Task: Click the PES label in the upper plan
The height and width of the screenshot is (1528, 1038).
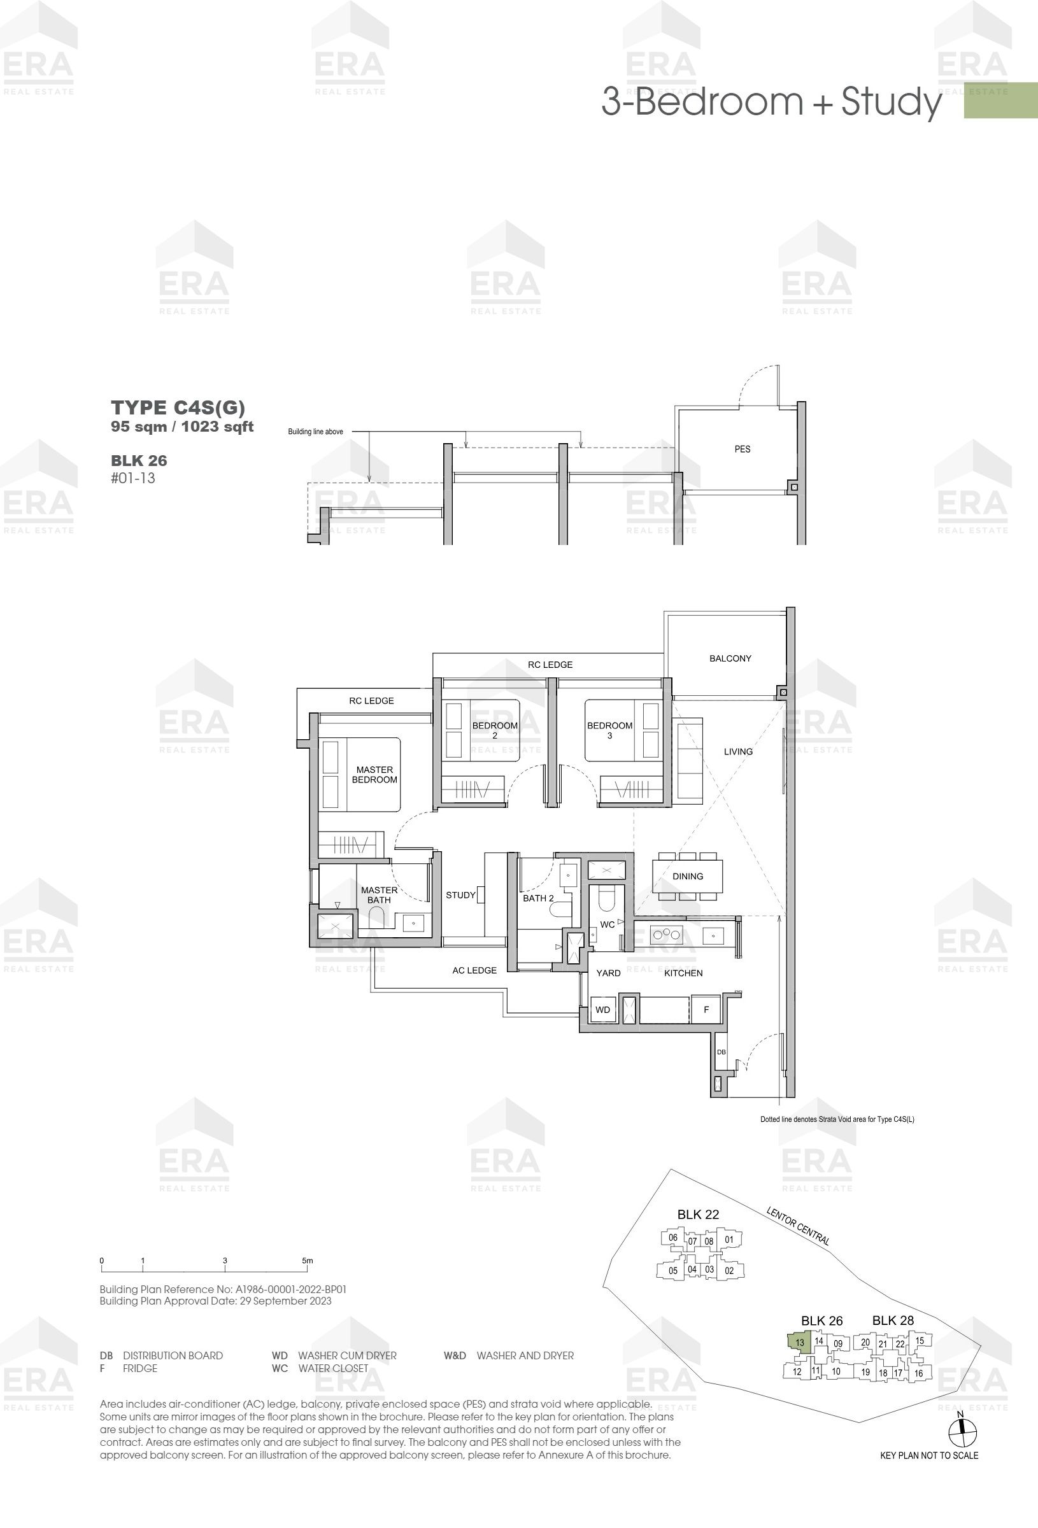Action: (742, 449)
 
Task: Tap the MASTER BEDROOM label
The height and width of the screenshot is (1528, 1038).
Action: (374, 775)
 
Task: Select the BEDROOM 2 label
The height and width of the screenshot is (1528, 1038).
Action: (495, 730)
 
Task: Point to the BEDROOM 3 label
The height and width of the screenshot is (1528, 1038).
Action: (610, 730)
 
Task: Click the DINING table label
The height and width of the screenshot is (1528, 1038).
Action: (687, 877)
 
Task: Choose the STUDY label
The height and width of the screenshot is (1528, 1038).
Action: (460, 895)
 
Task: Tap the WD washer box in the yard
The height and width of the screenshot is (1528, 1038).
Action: (602, 1009)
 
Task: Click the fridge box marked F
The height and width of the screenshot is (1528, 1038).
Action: (706, 1009)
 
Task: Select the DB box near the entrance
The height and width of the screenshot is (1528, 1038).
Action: (721, 1052)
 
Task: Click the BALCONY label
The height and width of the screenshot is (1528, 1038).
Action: (730, 658)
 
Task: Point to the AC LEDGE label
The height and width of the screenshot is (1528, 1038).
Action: (474, 970)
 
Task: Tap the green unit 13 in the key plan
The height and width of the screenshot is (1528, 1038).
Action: (800, 1343)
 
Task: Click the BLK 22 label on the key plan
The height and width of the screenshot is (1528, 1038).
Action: (698, 1214)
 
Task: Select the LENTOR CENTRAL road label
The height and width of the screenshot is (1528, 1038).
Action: (798, 1226)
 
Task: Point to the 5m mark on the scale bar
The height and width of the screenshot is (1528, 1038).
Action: (307, 1261)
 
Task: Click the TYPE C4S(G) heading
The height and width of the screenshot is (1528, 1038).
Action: (178, 407)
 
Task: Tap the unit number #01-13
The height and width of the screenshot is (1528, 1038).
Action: (133, 478)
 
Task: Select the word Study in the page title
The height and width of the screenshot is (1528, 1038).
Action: (892, 102)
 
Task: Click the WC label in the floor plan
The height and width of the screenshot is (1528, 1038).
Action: (607, 924)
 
